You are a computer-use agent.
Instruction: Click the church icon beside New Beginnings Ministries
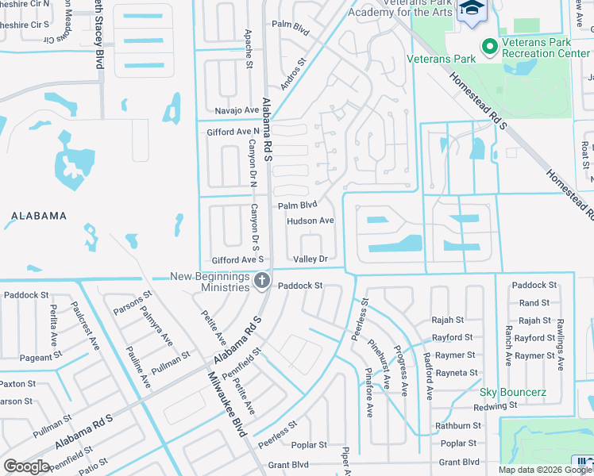point(260,281)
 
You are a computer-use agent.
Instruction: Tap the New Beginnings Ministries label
point(210,282)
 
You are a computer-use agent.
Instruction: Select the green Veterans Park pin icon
point(489,47)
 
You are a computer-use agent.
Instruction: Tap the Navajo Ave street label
point(237,110)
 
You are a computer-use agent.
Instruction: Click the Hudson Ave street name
point(310,221)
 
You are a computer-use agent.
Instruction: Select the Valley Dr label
point(310,259)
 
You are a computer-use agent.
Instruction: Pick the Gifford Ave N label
point(233,132)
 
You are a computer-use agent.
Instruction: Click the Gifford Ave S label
point(237,260)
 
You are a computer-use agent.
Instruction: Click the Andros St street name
point(291,74)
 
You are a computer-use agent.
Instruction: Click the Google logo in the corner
point(26,466)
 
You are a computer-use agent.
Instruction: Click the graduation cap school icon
point(472,9)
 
